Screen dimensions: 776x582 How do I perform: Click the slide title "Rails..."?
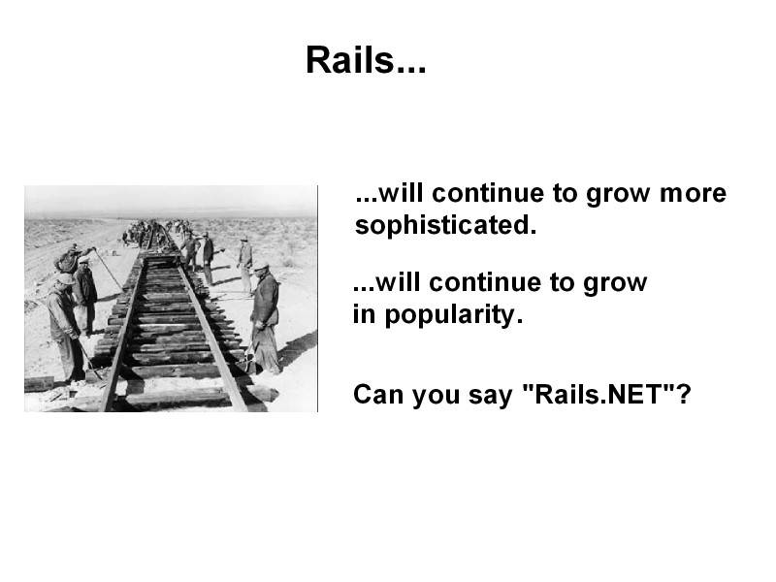[x=366, y=60]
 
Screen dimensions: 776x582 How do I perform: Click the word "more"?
[x=693, y=193]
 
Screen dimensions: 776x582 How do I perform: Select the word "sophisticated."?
[x=445, y=226]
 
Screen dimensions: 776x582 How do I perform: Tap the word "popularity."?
[x=453, y=315]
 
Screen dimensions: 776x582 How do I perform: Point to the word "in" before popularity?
[x=364, y=313]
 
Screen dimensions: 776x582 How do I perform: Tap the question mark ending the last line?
[x=684, y=394]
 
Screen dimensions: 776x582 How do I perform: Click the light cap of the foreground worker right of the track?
[x=261, y=266]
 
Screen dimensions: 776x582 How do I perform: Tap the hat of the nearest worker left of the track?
[x=65, y=279]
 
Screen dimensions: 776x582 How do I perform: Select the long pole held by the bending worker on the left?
[x=108, y=269]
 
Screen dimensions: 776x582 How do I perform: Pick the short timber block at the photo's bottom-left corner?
[x=39, y=383]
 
